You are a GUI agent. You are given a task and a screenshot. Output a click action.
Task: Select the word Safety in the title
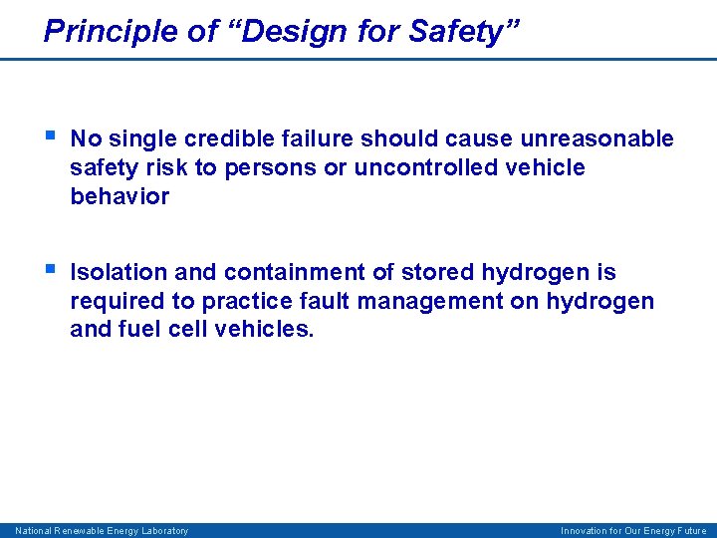coord(456,31)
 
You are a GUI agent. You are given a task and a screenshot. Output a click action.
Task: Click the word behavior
coord(119,196)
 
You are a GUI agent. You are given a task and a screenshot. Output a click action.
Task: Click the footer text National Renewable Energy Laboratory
coord(102,531)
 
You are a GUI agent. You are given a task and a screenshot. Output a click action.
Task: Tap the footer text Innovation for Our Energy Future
coord(633,531)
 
